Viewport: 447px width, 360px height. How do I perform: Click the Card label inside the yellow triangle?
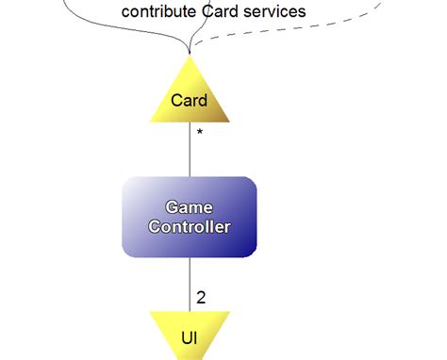pyautogui.click(x=189, y=99)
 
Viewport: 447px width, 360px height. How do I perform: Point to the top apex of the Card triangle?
pyautogui.click(x=189, y=57)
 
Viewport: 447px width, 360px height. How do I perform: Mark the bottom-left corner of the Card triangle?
pyautogui.click(x=151, y=121)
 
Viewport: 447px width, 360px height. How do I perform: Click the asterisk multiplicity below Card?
pyautogui.click(x=199, y=134)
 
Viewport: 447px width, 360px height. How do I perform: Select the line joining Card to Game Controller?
pyautogui.click(x=189, y=151)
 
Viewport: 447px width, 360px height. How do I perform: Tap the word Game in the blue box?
pyautogui.click(x=189, y=206)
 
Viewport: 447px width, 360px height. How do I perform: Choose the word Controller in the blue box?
pyautogui.click(x=189, y=227)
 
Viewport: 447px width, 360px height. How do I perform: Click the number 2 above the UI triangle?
pyautogui.click(x=201, y=298)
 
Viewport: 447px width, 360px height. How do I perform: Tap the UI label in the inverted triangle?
pyautogui.click(x=189, y=335)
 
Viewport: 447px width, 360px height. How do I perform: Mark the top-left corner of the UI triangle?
pyautogui.click(x=150, y=313)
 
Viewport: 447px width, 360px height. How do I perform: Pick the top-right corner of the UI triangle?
pyautogui.click(x=229, y=313)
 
